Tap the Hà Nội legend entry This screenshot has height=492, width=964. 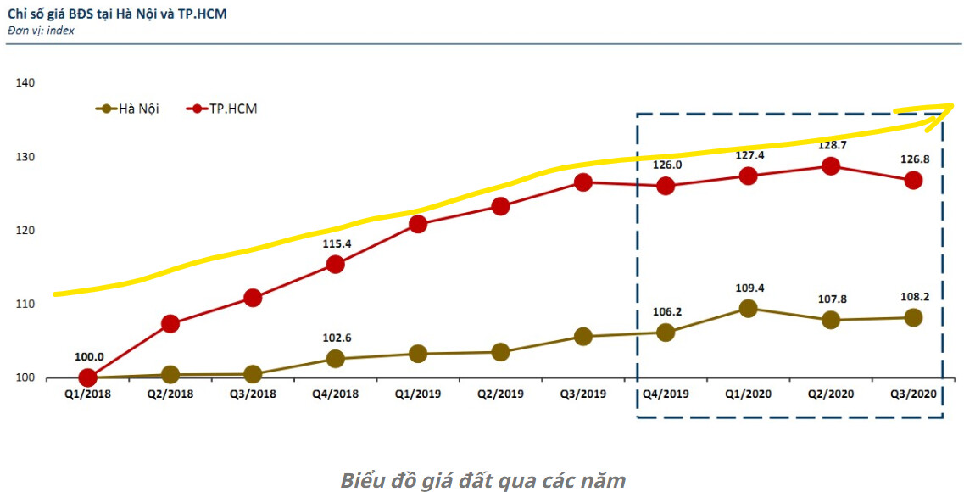(127, 109)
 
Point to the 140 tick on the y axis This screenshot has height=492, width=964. (25, 83)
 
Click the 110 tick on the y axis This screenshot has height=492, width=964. (25, 304)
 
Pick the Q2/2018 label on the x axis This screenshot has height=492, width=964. (170, 394)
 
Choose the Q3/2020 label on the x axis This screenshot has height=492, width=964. (913, 394)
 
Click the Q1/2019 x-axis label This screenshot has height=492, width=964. (417, 394)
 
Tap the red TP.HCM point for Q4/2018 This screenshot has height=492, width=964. (335, 264)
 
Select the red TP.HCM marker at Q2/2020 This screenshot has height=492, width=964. (831, 166)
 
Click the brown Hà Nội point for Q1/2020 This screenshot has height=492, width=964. (748, 309)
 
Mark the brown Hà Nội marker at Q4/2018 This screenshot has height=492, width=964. (335, 358)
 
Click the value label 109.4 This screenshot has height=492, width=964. (748, 288)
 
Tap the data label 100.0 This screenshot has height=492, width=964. (88, 357)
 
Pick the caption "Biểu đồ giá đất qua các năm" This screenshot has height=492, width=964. (482, 480)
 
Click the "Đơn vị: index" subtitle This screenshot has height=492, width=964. (41, 31)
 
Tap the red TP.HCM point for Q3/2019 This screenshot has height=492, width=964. (583, 182)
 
